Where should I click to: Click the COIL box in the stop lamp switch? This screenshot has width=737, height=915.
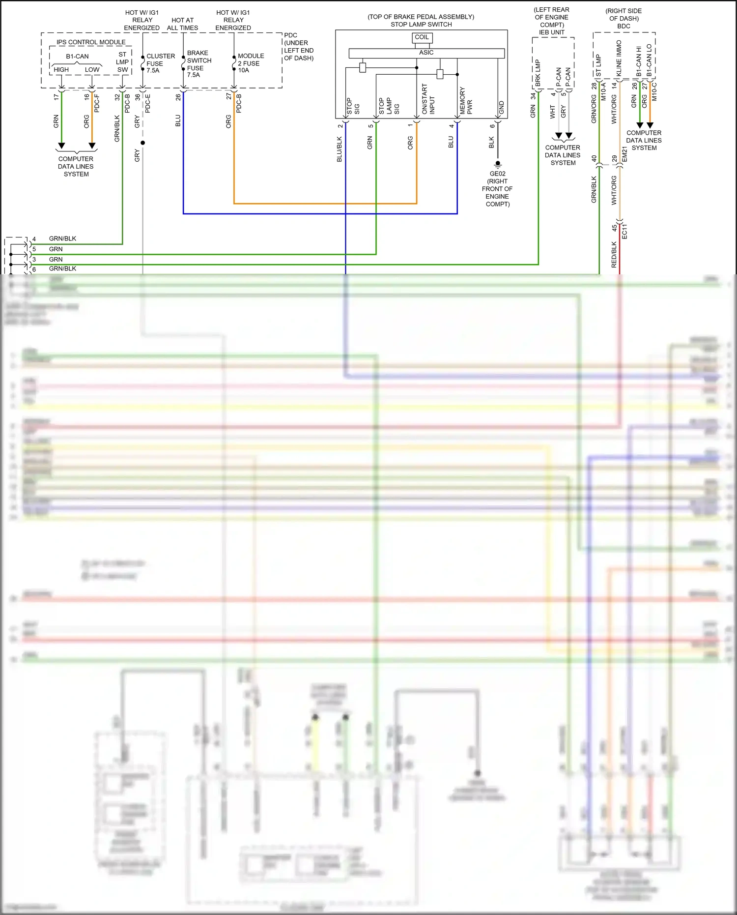point(422,37)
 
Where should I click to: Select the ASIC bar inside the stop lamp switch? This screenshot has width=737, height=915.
point(426,53)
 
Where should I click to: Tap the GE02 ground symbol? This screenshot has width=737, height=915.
point(497,164)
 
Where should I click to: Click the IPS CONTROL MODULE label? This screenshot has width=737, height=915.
point(91,42)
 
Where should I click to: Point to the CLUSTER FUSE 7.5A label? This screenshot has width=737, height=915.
point(160,63)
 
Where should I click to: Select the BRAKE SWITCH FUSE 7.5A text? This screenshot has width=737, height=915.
point(199,64)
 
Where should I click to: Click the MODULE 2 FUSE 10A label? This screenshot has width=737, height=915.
point(251,63)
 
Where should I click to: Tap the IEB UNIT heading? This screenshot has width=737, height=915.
point(551,32)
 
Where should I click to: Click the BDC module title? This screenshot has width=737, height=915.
point(624,26)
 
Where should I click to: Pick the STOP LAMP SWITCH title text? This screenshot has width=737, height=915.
point(421,24)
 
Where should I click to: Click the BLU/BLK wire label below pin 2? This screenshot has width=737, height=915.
point(339,149)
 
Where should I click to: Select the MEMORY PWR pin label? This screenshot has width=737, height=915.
point(466,101)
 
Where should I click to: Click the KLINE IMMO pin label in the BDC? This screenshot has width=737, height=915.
point(619,58)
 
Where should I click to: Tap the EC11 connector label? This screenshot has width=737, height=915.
point(624,232)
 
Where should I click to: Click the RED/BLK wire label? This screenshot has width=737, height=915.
point(614,255)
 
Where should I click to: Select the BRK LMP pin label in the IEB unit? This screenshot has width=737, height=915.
point(538,73)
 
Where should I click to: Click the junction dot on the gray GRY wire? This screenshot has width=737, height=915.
point(142,143)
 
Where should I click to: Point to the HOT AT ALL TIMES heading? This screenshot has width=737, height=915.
point(182,24)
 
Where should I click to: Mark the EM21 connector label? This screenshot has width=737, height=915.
point(624,154)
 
